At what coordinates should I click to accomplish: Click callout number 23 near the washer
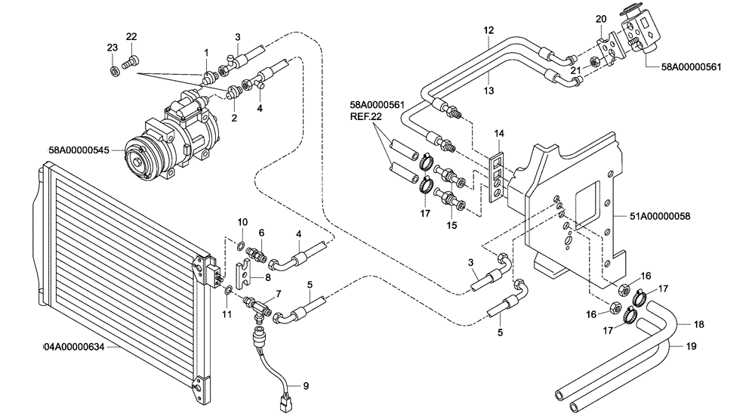coord(112,47)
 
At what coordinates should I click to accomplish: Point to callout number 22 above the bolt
coord(131,37)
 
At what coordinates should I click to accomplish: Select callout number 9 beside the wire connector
coord(306,386)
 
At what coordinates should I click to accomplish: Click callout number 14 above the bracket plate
coord(498,134)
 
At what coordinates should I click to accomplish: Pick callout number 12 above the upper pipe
coord(488,30)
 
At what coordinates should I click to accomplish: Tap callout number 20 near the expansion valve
coord(601,19)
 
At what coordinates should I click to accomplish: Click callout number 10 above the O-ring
coord(242,222)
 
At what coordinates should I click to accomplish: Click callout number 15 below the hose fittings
coord(452,224)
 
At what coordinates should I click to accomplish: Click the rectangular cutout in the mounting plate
coord(590,208)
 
